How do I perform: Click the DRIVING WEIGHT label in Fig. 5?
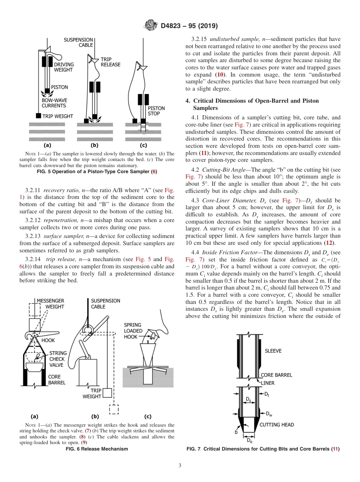[x=64, y=67]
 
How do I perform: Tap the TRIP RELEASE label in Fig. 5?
[x=110, y=62]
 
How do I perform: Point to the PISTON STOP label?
[x=156, y=111]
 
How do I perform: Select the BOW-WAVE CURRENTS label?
[x=54, y=103]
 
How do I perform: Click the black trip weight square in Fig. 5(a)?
[x=38, y=116]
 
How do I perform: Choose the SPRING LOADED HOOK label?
[x=133, y=330]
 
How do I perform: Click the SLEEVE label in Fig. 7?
[x=273, y=351]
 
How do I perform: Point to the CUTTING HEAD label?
[x=277, y=425]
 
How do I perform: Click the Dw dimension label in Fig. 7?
[x=269, y=413]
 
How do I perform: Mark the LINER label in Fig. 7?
[x=268, y=383]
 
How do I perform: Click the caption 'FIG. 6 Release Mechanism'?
[x=97, y=449]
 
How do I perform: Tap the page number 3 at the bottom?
[x=180, y=465]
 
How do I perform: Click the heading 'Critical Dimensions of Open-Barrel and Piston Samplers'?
[x=256, y=104]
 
